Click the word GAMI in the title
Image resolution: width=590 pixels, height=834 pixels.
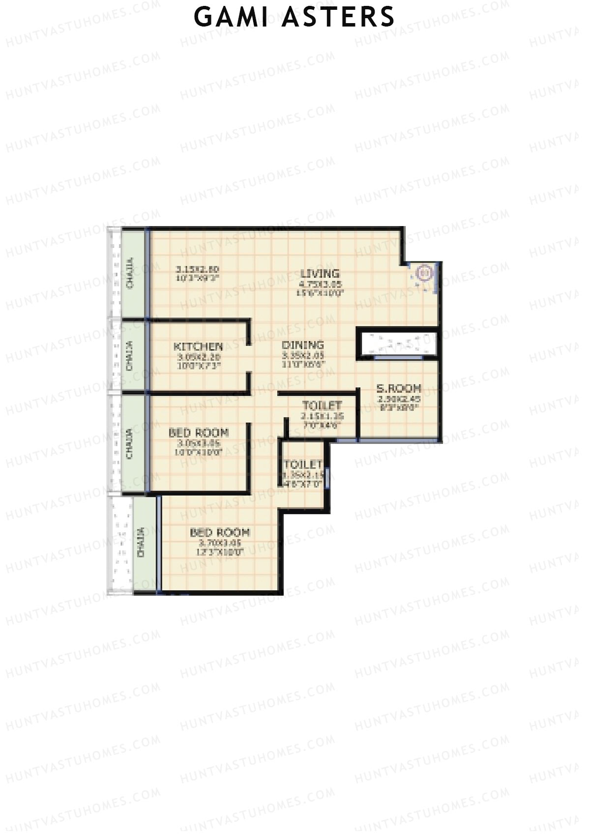tap(231, 17)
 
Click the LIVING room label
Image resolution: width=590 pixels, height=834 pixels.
tap(320, 273)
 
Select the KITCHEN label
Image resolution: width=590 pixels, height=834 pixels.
tap(198, 346)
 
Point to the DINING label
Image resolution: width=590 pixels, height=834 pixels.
tap(303, 345)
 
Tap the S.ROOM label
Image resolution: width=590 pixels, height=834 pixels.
tap(398, 388)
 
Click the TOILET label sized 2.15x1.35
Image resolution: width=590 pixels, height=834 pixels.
tap(322, 405)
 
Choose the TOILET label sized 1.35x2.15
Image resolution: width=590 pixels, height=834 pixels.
tap(302, 464)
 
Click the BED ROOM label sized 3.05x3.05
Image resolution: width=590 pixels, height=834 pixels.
tap(199, 432)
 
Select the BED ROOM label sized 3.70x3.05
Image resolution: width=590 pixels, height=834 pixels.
tap(220, 532)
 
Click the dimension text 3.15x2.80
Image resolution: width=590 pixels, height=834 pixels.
tap(197, 269)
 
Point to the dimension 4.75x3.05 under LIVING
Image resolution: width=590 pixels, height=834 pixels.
tap(320, 284)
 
